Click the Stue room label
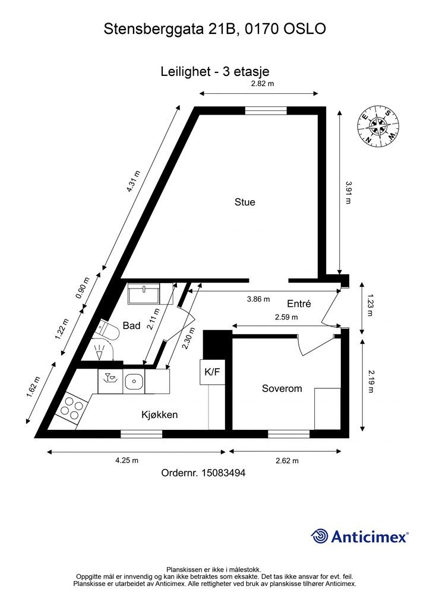tap(245, 202)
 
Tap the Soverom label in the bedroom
tap(282, 388)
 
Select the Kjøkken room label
tap(159, 414)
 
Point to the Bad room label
tap(131, 325)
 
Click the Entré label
tap(299, 303)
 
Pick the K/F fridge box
tap(212, 372)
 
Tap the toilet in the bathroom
tap(107, 330)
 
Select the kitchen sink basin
tap(134, 382)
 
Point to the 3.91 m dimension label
tap(349, 193)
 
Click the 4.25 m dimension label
tap(127, 460)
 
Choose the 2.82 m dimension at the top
tap(263, 83)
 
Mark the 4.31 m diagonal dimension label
tap(133, 181)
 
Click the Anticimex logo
tap(359, 536)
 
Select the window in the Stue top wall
tap(266, 111)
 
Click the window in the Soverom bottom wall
tap(289, 434)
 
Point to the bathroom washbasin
tap(144, 293)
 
